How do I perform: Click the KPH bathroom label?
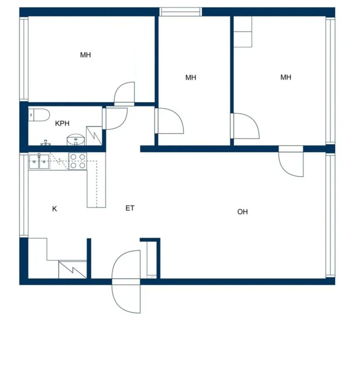point(62,123)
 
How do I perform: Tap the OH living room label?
point(242,212)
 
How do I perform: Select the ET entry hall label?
point(130,208)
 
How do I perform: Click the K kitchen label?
point(55,209)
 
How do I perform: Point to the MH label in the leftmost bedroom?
point(85,55)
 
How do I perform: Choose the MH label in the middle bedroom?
point(191,77)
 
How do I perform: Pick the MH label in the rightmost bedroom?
point(286,77)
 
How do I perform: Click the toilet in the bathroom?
point(39,115)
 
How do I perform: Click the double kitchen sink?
point(39,161)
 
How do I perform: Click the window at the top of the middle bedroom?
point(181,12)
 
